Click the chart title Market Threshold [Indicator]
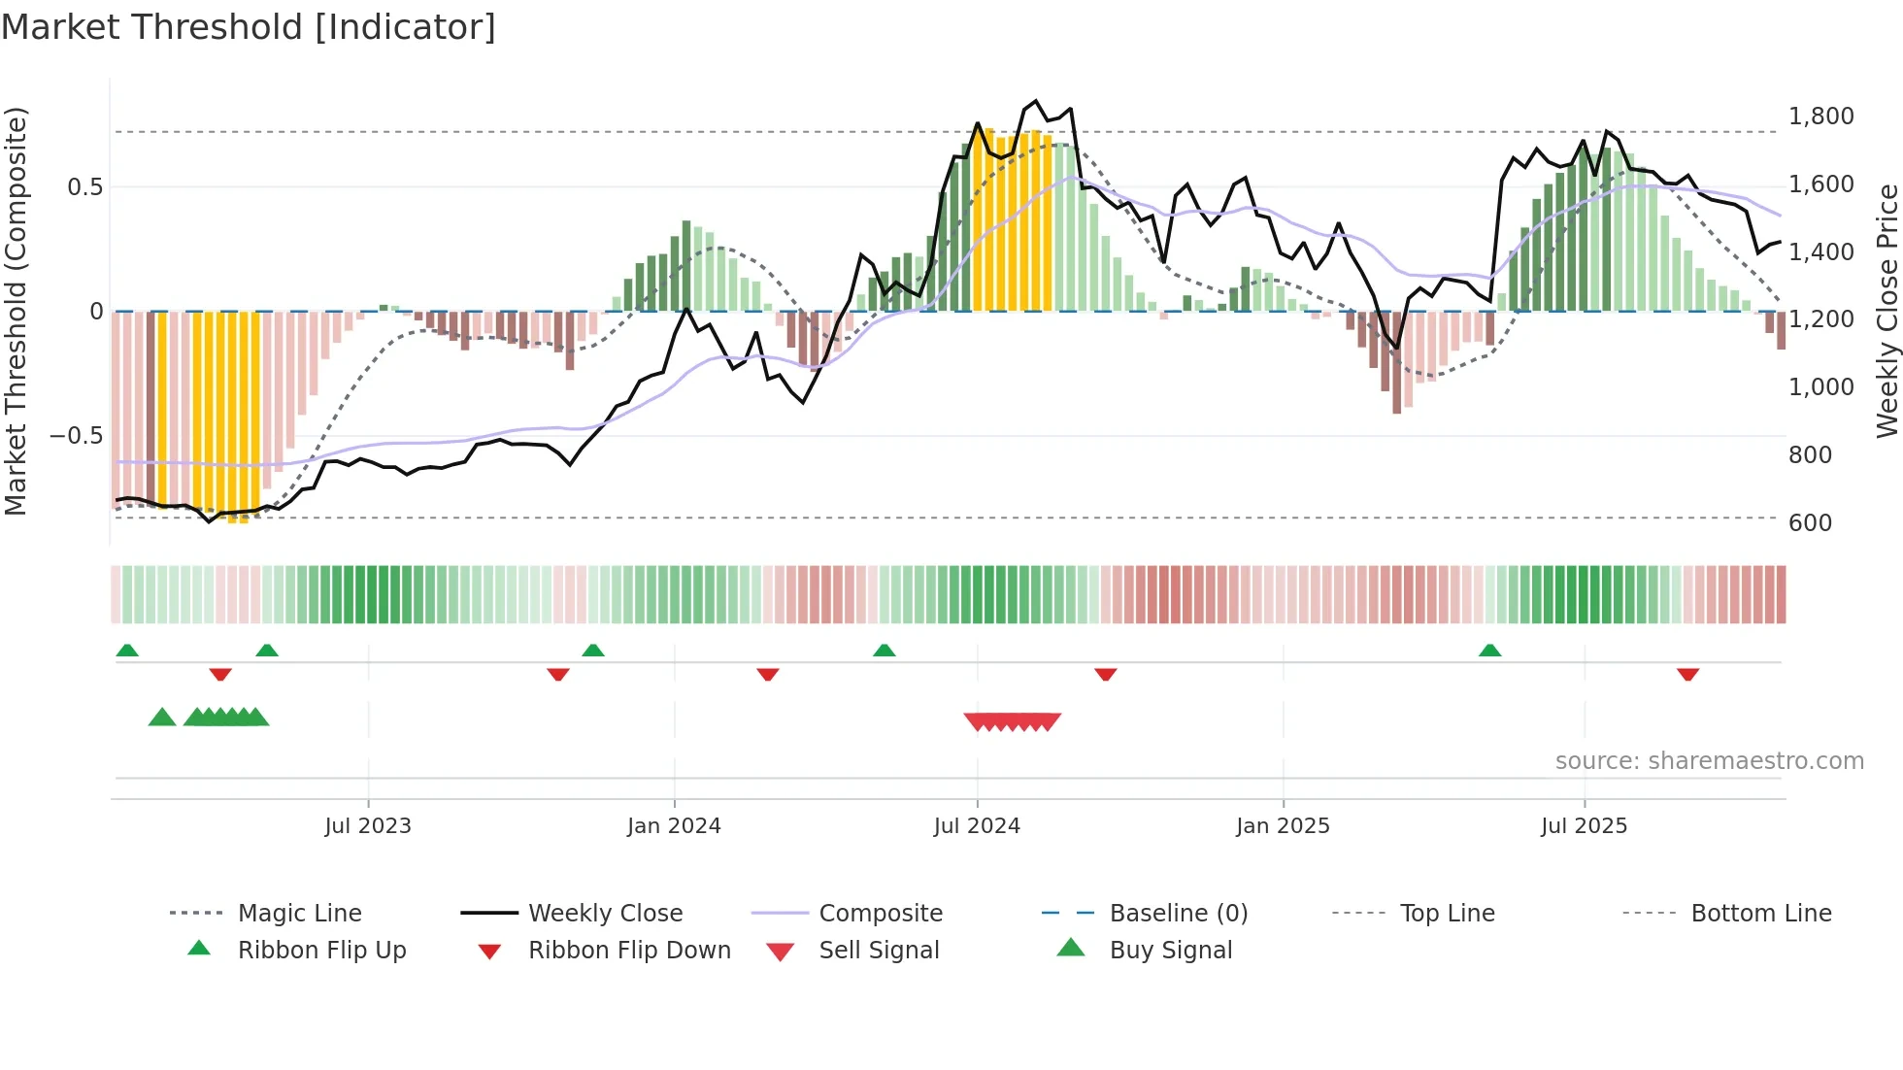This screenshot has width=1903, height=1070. tap(249, 27)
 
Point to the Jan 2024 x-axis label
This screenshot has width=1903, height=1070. tap(674, 826)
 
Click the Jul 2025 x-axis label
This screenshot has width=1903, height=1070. tap(1584, 826)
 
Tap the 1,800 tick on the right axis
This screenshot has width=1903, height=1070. tap(1820, 117)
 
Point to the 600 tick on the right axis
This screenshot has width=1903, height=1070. tap(1810, 522)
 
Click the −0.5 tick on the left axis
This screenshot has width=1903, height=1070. tap(76, 435)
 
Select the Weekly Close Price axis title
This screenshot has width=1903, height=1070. tap(1886, 311)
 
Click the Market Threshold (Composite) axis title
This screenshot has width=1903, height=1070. tap(16, 311)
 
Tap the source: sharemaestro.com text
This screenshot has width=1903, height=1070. tap(1709, 761)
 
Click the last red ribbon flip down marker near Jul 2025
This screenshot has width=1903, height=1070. tap(1687, 674)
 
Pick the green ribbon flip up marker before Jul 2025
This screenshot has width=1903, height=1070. tap(1489, 651)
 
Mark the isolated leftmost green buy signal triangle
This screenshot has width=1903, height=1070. tap(162, 718)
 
